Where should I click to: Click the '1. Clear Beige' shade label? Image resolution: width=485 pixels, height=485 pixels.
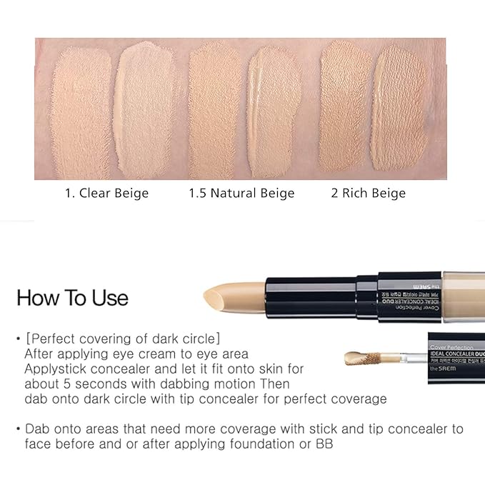click(104, 193)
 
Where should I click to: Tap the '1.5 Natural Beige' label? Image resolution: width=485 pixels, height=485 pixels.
click(241, 193)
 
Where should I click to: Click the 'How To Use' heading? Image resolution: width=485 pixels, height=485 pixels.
click(72, 297)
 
